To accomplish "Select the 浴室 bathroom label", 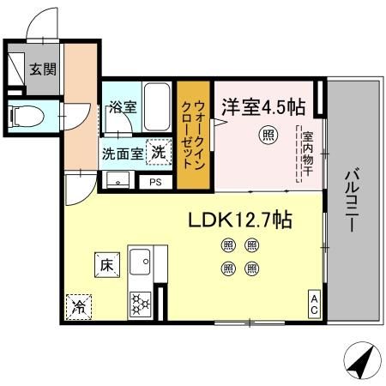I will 122,108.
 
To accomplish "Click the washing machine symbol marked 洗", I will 159,153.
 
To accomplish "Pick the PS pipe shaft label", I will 155,182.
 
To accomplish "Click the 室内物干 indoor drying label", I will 306,155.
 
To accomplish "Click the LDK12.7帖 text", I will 240,220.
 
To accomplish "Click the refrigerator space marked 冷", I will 79,305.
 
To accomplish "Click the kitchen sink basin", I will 140,259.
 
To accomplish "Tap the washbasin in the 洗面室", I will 117,180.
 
